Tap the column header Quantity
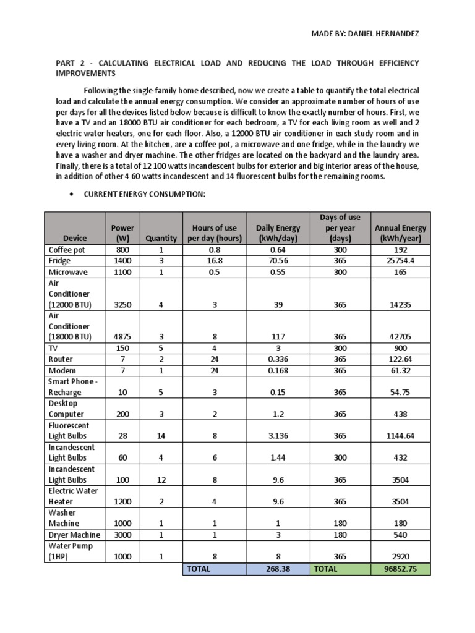coord(161,237)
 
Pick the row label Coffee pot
coord(67,250)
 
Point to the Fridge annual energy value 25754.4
coord(400,261)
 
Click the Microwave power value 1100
coord(123,272)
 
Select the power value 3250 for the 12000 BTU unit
coord(123,305)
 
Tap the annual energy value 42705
coord(400,337)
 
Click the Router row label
coord(61,359)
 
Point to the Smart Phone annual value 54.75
coord(400,393)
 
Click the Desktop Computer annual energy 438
coord(400,414)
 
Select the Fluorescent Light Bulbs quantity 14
coord(161,436)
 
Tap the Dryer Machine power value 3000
coord(123,535)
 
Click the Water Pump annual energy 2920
coord(400,557)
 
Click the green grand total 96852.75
coord(400,569)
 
